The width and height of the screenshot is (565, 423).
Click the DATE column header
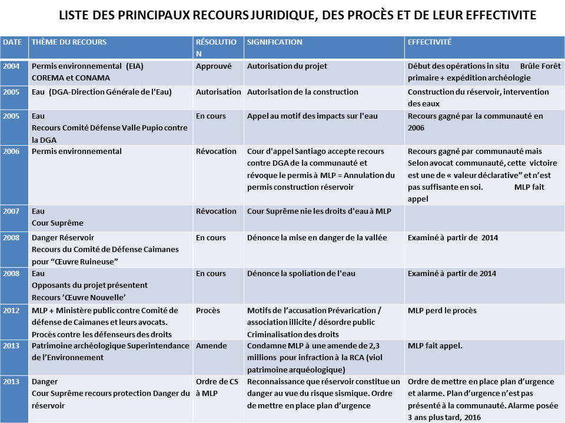coord(12,42)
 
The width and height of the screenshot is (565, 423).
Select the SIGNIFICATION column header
coord(274,42)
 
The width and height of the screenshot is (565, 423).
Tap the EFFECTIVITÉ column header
coord(429,42)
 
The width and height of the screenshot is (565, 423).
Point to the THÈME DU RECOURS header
coord(69,42)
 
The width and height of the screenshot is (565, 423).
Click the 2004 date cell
coord(11,66)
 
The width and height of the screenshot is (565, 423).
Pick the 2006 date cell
coord(11,152)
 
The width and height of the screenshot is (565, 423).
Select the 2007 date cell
coord(11,211)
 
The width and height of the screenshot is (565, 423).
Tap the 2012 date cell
coord(11,311)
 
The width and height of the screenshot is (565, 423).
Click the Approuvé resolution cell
coord(214,66)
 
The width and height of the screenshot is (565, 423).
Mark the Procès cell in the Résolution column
coord(208,311)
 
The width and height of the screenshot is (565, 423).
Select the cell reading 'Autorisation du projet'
coord(287,66)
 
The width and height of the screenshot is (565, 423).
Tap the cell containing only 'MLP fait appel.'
coord(435,346)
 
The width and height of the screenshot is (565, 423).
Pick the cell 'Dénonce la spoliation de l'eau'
coord(301,274)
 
